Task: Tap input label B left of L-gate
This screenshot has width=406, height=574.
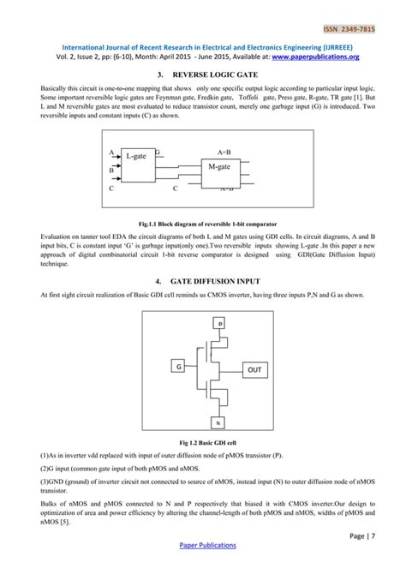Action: [x=111, y=170]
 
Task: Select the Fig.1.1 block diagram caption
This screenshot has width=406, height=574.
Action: [x=202, y=220]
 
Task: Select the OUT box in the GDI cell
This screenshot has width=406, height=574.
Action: [x=254, y=369]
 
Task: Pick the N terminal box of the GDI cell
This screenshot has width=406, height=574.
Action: [x=219, y=423]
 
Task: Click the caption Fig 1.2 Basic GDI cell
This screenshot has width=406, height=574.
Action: [x=202, y=441]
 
